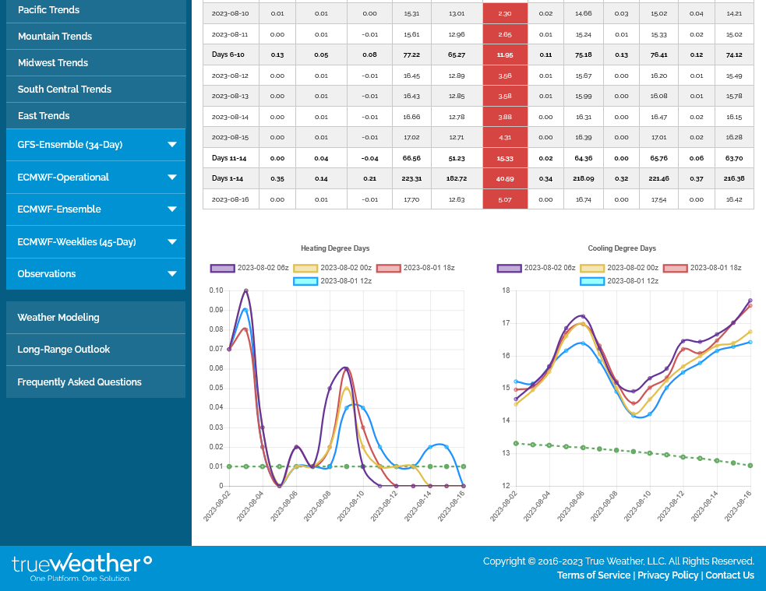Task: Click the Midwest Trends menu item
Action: (x=53, y=63)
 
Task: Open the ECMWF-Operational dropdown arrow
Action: (x=172, y=178)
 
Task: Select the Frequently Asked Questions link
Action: (x=79, y=382)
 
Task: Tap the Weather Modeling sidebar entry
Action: (x=58, y=318)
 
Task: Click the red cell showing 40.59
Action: (x=505, y=178)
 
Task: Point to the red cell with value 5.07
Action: (x=505, y=199)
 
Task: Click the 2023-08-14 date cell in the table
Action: (x=230, y=117)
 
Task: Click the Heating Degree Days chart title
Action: (x=335, y=248)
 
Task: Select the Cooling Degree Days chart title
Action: (x=622, y=248)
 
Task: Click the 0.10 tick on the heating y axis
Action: (x=216, y=290)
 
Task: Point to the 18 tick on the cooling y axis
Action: (x=506, y=290)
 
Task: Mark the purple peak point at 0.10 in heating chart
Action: (x=246, y=291)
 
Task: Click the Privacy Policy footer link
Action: (x=668, y=575)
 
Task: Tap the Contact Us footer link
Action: (x=729, y=575)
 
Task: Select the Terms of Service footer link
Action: (x=594, y=575)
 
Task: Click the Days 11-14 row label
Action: (x=230, y=158)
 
